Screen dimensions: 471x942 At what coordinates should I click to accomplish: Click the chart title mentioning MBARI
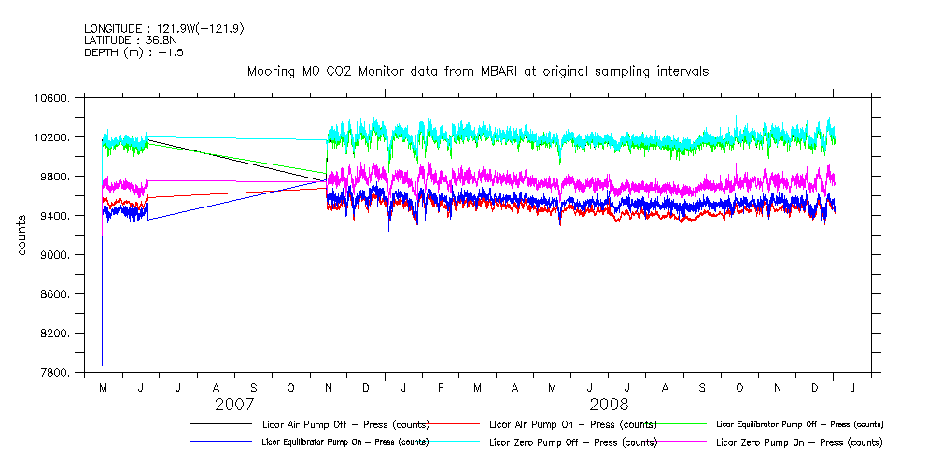click(477, 71)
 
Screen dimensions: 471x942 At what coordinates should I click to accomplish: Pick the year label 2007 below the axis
click(234, 405)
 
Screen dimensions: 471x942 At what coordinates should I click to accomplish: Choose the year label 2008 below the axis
click(608, 405)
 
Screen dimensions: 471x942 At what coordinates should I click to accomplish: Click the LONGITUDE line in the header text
click(164, 29)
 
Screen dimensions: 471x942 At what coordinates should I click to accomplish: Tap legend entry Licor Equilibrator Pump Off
click(798, 424)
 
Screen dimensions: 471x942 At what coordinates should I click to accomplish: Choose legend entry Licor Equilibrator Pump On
click(346, 442)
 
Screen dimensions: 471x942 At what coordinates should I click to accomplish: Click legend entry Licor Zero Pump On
click(798, 442)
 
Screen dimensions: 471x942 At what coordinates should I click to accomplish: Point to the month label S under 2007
click(253, 387)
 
